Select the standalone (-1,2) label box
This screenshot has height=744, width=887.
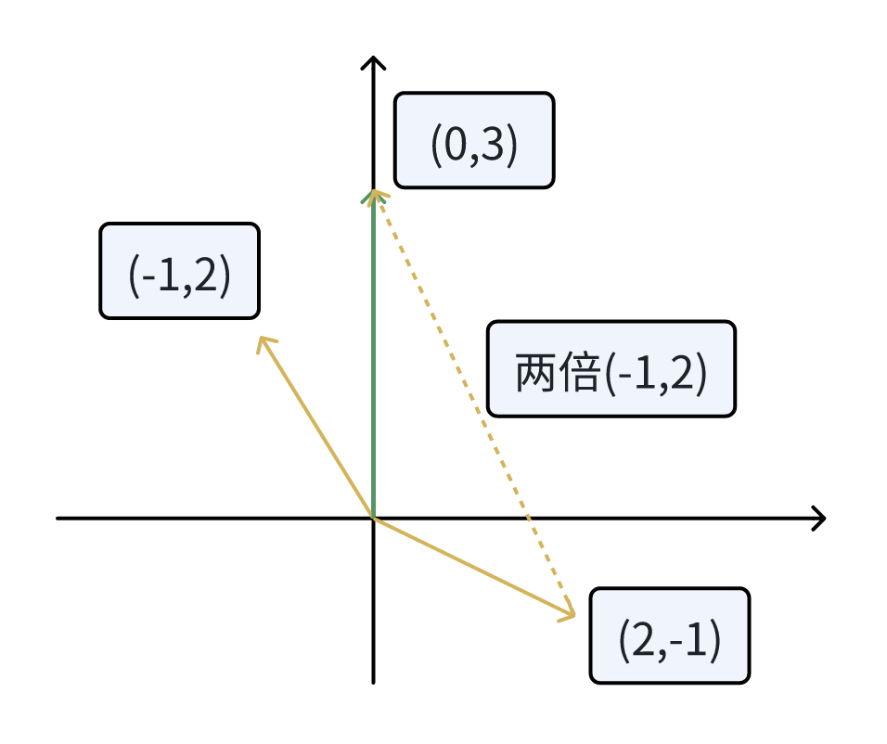click(x=179, y=271)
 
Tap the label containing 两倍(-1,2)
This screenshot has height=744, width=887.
click(x=611, y=369)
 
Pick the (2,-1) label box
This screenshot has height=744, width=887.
click(x=669, y=635)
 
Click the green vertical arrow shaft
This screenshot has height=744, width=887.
click(x=373, y=353)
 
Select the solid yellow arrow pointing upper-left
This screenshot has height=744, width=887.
click(x=315, y=427)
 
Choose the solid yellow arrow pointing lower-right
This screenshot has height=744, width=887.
click(x=473, y=567)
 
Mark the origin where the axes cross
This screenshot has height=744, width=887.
click(x=373, y=518)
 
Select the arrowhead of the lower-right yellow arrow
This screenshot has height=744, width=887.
click(x=571, y=613)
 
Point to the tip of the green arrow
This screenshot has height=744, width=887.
click(x=373, y=193)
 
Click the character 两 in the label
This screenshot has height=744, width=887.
click(x=533, y=370)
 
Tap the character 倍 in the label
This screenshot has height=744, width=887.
click(x=578, y=370)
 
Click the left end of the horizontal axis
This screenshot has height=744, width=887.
click(x=58, y=518)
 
